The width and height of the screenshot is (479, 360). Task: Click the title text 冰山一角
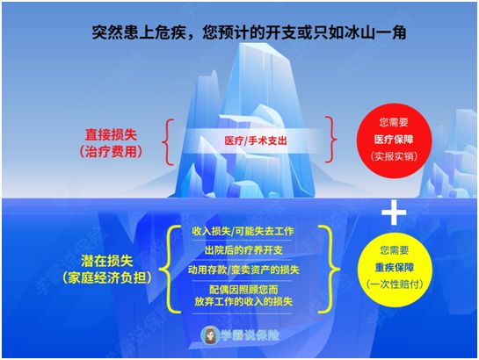(375, 32)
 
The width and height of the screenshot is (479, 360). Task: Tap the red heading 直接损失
(111, 135)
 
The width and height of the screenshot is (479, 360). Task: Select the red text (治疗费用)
(111, 152)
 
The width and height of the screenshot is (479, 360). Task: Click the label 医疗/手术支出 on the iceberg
(256, 140)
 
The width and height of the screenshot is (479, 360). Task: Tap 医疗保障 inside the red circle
(394, 140)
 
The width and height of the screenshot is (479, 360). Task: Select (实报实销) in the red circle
(394, 156)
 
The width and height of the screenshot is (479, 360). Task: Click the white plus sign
(394, 212)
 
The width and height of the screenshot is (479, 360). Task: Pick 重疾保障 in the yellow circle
(395, 268)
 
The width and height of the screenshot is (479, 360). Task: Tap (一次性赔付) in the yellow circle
(395, 284)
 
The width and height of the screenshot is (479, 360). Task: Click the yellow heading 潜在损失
(107, 261)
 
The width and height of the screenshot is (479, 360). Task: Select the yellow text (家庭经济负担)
(107, 277)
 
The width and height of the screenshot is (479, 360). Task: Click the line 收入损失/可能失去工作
(243, 231)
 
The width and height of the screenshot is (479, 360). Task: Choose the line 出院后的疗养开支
(243, 250)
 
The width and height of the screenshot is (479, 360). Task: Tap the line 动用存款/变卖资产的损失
(243, 270)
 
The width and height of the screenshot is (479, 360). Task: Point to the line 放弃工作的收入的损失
(243, 301)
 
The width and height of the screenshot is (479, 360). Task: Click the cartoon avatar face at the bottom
(210, 335)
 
